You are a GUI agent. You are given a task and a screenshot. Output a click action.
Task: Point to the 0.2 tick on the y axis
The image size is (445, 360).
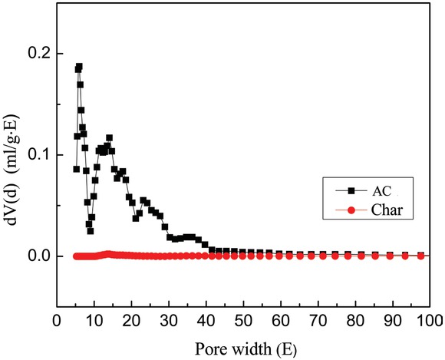coord(38,54)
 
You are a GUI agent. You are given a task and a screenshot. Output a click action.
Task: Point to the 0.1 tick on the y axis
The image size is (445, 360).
coord(38,154)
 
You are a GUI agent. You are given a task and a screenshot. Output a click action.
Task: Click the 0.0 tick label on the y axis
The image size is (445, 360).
coord(38,256)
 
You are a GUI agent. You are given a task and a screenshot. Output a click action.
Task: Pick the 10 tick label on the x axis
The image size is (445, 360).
coord(94,319)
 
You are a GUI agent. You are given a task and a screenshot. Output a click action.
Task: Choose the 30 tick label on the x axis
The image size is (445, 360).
coord(169,319)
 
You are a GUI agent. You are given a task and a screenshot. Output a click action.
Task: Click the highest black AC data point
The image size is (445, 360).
coord(79,67)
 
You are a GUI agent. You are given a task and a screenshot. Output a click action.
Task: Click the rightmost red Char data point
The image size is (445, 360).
coord(421,256)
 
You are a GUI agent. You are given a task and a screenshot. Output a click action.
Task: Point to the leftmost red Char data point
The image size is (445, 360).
coord(76,256)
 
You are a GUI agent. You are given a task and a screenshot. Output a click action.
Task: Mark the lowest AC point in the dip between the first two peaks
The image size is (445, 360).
coord(91,230)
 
